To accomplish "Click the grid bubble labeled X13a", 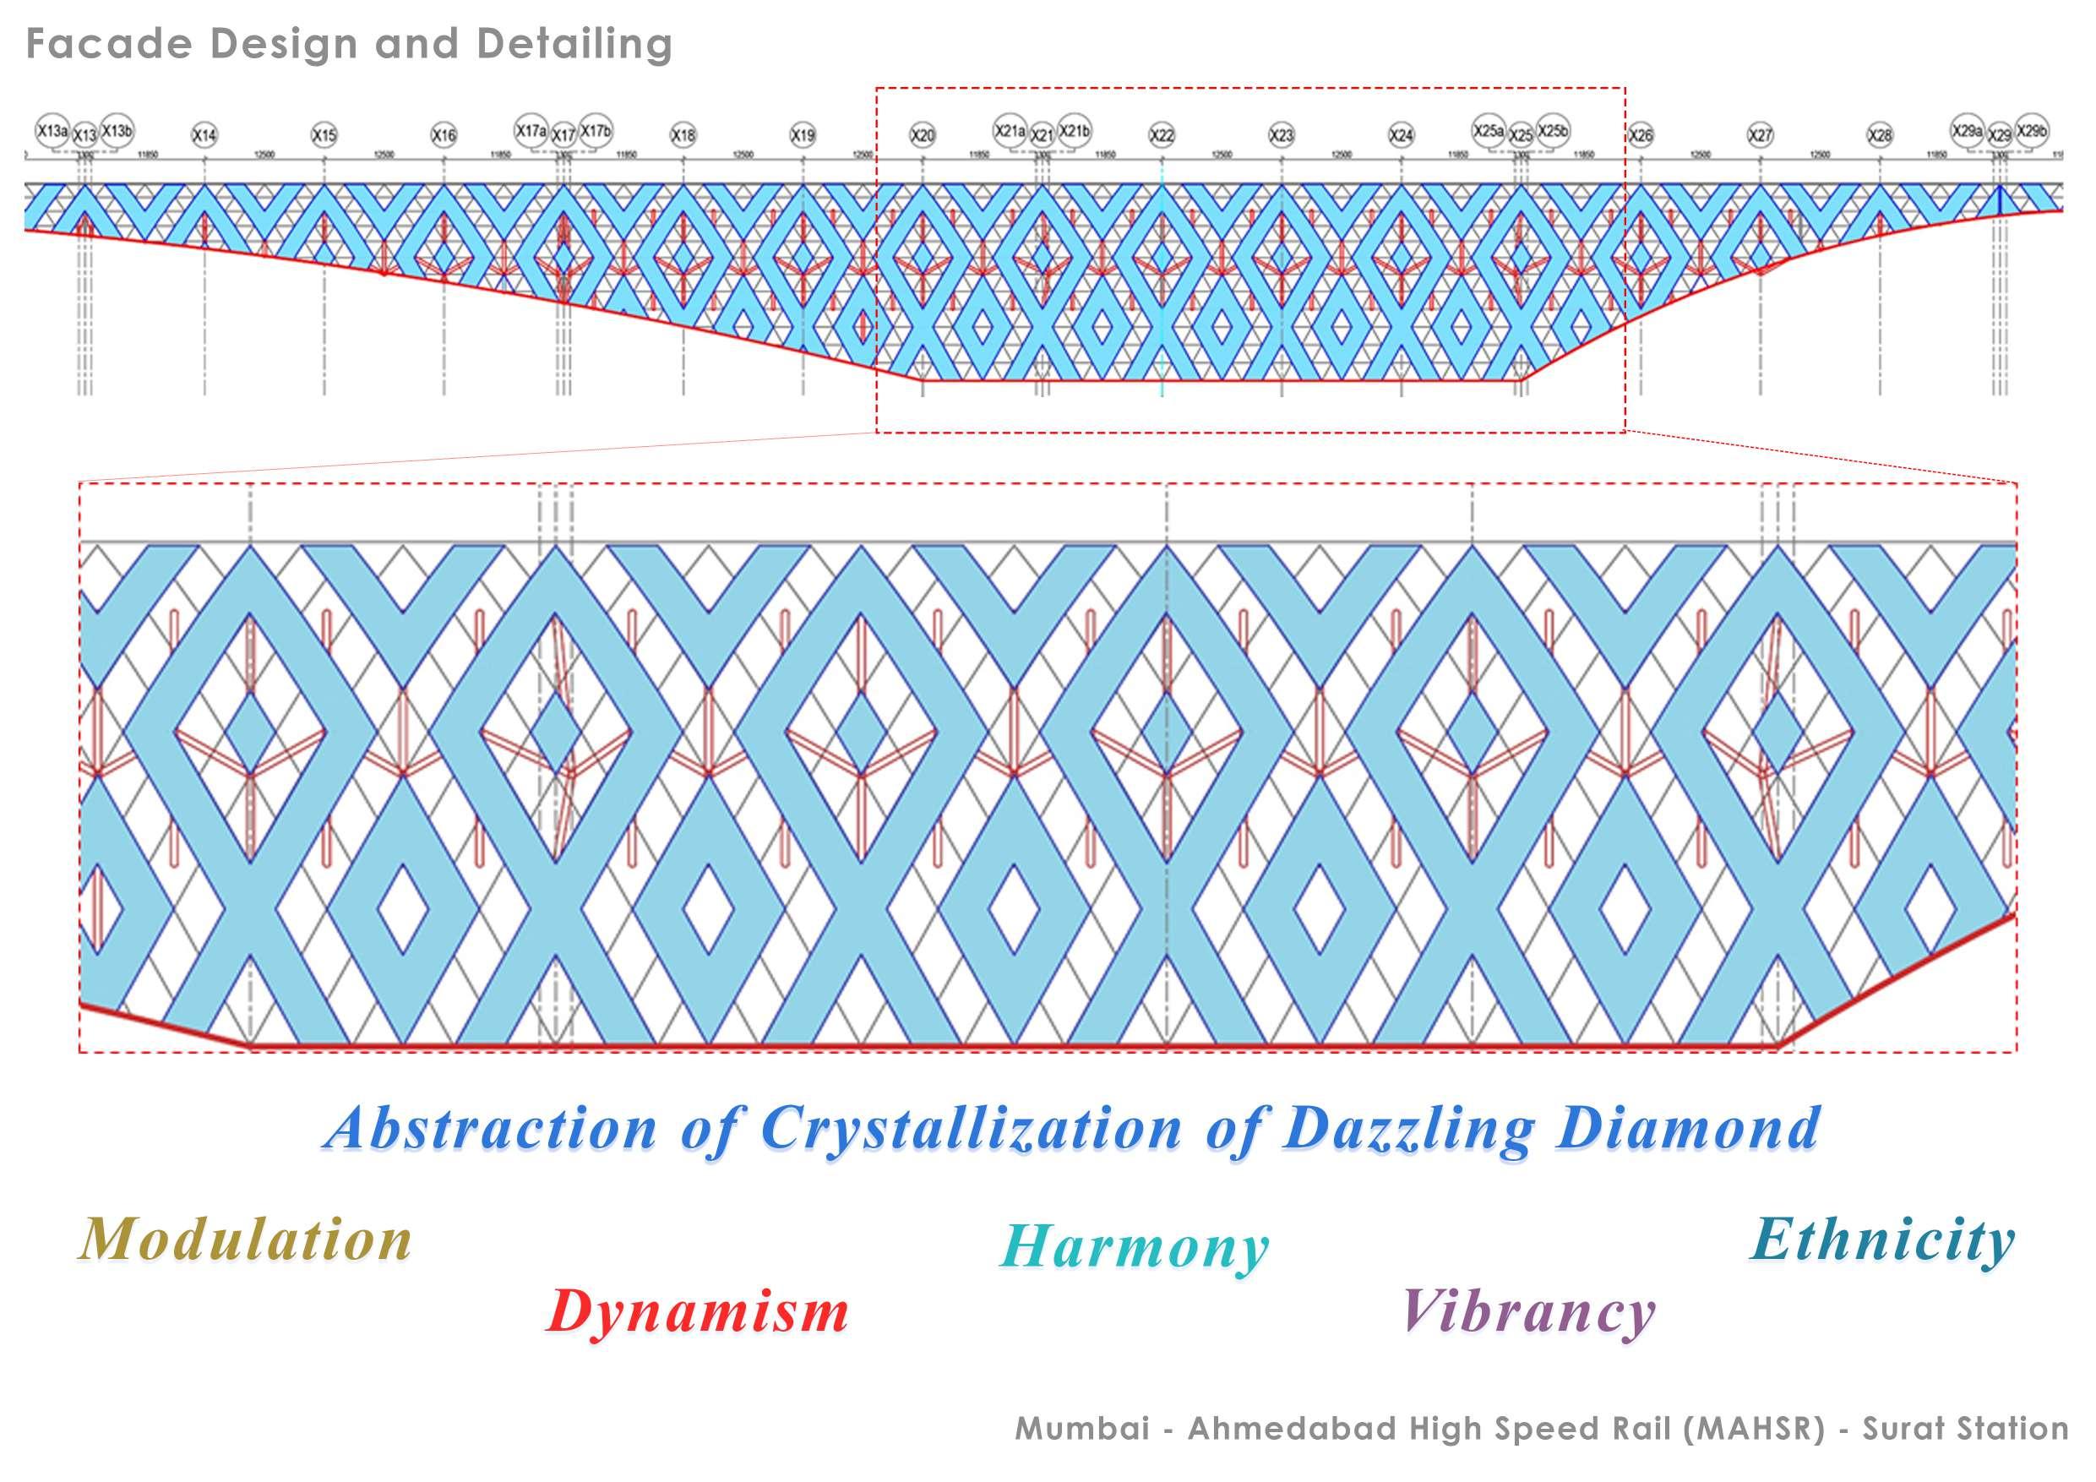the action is (52, 131).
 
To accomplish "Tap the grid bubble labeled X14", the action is (204, 135).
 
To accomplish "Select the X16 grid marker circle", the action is (444, 135).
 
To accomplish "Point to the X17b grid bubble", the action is (596, 131).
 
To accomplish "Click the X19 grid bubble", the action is (803, 135).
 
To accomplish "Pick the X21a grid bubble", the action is (1010, 131).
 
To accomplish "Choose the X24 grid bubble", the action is (1401, 135).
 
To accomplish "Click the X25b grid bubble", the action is (1552, 131).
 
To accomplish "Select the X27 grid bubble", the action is (1760, 135).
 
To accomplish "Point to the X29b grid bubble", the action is (2031, 131).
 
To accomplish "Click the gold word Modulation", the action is (245, 1240).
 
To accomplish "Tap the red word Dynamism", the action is (698, 1311).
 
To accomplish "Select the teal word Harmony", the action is (1135, 1247).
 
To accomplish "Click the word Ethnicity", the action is (1882, 1240).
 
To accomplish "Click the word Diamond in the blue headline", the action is (1689, 1129).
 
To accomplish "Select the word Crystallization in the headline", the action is (972, 1129).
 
